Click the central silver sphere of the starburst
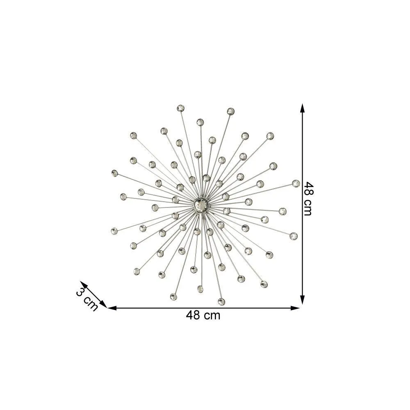(201, 205)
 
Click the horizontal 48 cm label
(203, 315)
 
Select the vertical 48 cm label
(309, 199)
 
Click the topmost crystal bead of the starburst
(180, 108)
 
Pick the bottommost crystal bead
(221, 301)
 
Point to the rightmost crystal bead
(296, 184)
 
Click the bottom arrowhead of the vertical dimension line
(302, 300)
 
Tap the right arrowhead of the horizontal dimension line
(295, 308)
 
